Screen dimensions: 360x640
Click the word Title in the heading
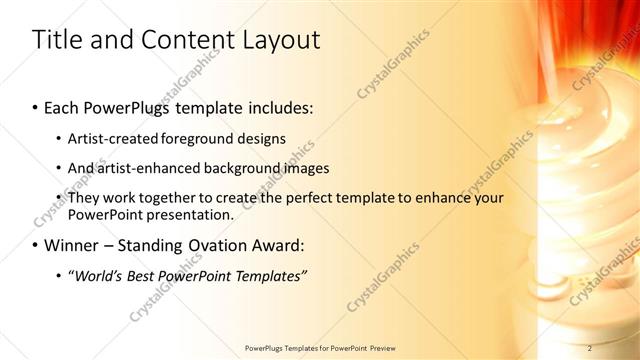click(x=58, y=40)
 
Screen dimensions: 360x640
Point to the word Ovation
click(x=209, y=245)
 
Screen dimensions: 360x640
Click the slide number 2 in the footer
click(x=590, y=347)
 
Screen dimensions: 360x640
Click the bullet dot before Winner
click(x=36, y=245)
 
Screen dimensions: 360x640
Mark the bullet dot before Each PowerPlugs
click(x=36, y=105)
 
